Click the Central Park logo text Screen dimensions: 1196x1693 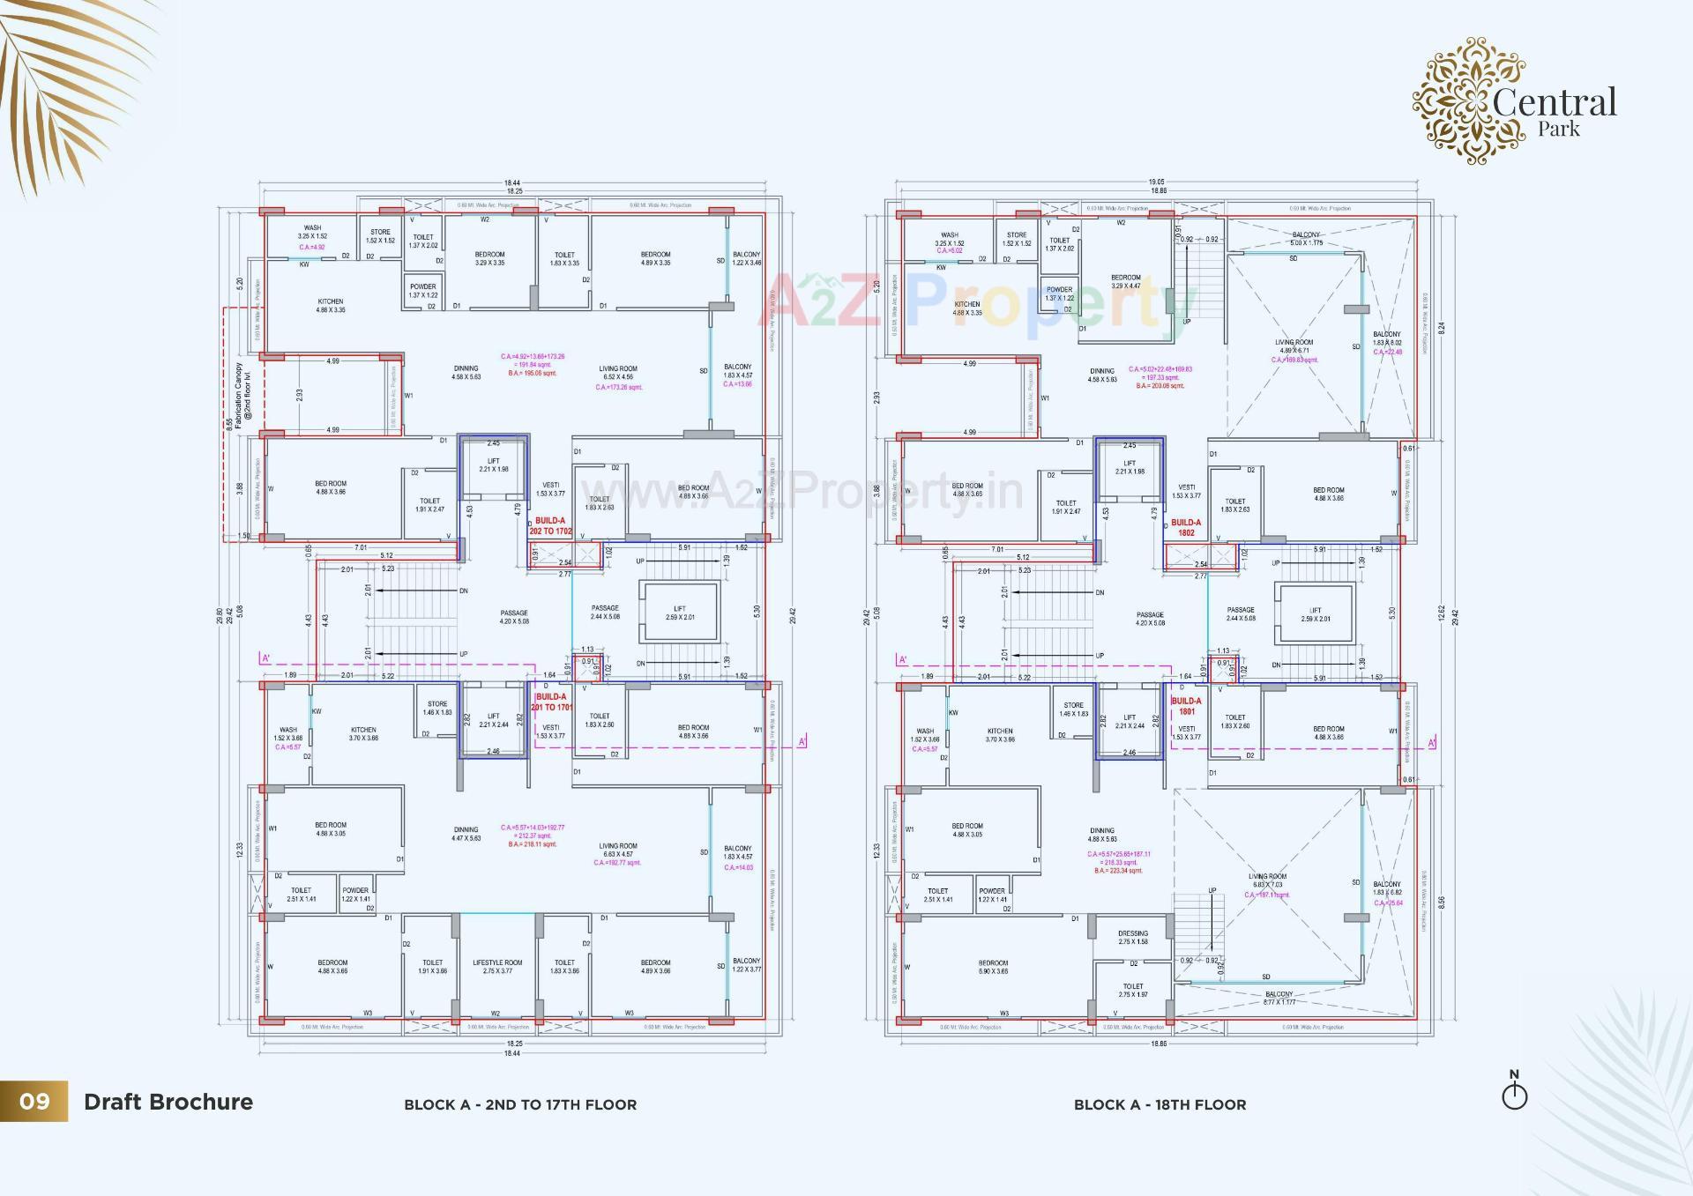1554,111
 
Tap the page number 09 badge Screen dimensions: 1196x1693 34,1102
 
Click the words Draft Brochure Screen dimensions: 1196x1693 168,1102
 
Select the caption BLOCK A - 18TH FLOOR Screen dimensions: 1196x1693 1160,1104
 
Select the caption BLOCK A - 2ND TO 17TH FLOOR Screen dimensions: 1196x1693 520,1104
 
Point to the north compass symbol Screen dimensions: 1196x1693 1514,1093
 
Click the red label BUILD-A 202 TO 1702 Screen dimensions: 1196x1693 550,526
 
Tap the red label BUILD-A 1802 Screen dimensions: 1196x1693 1186,527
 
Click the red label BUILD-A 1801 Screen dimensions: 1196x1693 1186,706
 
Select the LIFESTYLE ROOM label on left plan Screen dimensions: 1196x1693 497,967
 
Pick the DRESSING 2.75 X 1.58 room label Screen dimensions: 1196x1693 1133,937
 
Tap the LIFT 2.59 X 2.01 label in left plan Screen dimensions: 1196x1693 680,613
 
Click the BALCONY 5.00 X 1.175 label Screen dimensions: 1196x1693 1306,239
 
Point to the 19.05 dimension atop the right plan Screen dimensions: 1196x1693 1156,182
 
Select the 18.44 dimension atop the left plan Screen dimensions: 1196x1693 512,182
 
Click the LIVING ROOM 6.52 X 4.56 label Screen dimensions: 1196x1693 618,373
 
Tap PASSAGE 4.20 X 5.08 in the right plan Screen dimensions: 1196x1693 1150,619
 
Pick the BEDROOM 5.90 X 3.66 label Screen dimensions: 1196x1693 993,967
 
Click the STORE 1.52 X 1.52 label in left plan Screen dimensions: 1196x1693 380,236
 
